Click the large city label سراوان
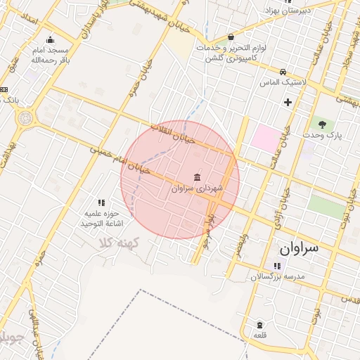pyautogui.click(x=298, y=248)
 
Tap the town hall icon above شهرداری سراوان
pyautogui.click(x=197, y=176)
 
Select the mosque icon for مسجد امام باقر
pyautogui.click(x=50, y=39)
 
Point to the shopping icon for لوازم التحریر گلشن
pyautogui.click(x=231, y=37)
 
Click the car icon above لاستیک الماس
pyautogui.click(x=282, y=72)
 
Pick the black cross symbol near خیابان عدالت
pyautogui.click(x=288, y=103)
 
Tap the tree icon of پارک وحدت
pyautogui.click(x=322, y=123)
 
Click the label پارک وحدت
pyautogui.click(x=322, y=134)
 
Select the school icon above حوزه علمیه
pyautogui.click(x=101, y=202)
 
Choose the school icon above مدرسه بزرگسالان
pyautogui.click(x=277, y=266)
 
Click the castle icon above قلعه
pyautogui.click(x=259, y=325)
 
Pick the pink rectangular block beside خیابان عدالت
pyautogui.click(x=265, y=137)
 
